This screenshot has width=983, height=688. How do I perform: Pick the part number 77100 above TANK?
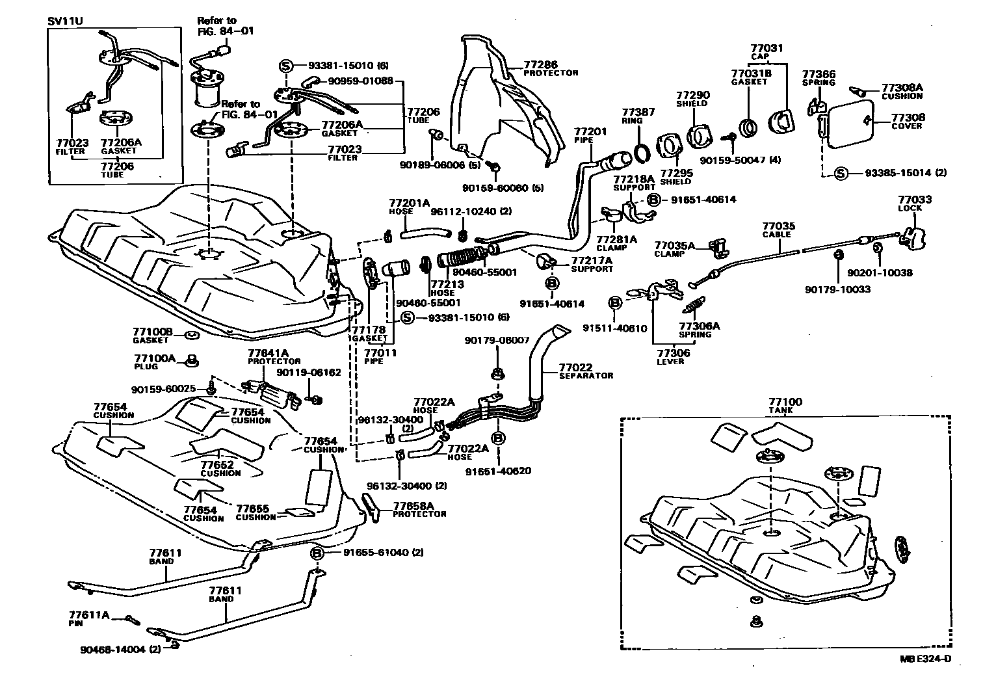[x=785, y=402]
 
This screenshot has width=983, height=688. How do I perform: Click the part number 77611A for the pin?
[x=89, y=615]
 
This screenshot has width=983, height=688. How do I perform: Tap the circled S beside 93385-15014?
[x=841, y=173]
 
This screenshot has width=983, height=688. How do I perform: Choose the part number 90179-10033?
[x=837, y=289]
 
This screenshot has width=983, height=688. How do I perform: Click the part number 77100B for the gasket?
[x=153, y=332]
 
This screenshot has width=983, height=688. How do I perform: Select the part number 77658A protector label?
[x=418, y=506]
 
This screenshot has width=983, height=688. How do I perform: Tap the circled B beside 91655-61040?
[x=317, y=553]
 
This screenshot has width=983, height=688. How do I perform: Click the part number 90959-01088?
[x=360, y=81]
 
